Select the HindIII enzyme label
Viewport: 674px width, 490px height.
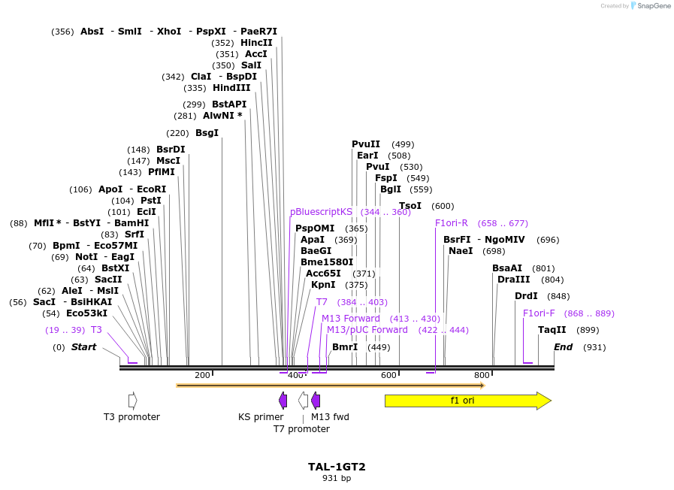coord(231,88)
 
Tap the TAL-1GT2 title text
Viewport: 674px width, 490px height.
coord(337,467)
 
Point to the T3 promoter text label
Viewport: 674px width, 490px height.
coord(131,417)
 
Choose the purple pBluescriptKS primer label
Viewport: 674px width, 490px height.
coord(321,212)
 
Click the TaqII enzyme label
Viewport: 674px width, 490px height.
coord(552,330)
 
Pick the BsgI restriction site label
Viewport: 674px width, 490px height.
coord(207,133)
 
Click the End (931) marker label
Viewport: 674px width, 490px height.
coord(564,347)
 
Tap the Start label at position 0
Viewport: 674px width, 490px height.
coord(83,347)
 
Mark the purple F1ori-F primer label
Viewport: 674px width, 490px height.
coord(539,313)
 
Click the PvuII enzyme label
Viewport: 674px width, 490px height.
coord(366,144)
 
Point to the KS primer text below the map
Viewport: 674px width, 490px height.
coord(261,417)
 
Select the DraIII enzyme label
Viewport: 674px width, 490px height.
coord(513,280)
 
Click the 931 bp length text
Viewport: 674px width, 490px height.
coord(337,478)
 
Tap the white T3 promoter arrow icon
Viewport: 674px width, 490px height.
coord(132,401)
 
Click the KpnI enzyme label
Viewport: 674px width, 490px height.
coord(323,285)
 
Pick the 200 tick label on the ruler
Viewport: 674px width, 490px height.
coord(202,376)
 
